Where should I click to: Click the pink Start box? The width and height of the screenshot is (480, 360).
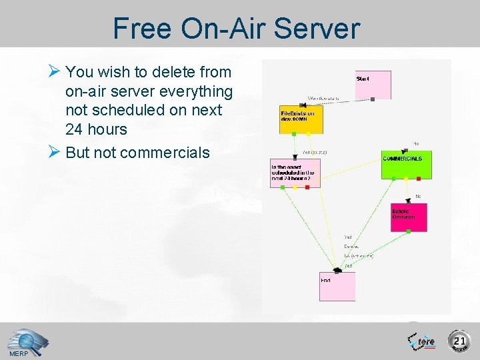point(373,85)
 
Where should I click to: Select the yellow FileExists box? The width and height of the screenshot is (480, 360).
point(301,121)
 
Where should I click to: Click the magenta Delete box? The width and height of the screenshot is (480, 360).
point(409,217)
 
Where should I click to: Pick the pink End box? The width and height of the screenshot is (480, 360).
point(337,286)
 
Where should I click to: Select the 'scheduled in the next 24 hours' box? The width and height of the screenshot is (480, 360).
point(295,173)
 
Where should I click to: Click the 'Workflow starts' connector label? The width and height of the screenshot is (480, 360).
point(323,99)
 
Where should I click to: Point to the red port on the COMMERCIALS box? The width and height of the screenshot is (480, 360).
point(418,179)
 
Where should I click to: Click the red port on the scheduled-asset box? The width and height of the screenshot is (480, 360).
point(307,187)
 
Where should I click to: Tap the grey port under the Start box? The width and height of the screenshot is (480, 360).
point(373,99)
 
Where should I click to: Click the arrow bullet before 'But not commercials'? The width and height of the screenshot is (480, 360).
point(56,153)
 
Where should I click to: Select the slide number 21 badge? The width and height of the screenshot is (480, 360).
point(459,341)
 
